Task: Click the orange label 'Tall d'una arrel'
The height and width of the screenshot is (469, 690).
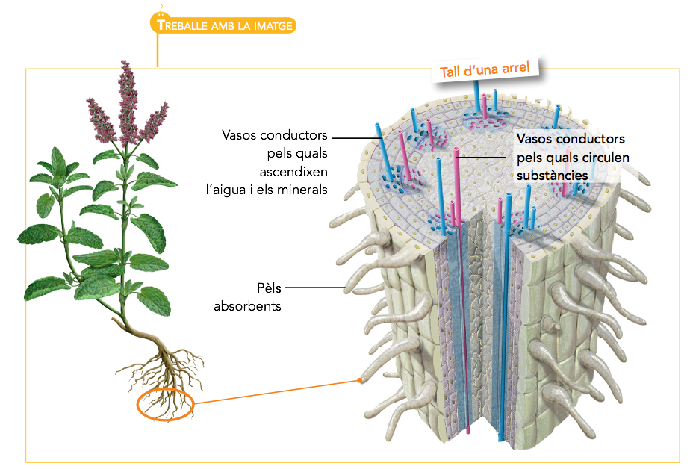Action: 485,69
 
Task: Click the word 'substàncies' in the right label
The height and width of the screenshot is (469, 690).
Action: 552,175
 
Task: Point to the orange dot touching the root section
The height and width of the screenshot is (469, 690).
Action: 361,381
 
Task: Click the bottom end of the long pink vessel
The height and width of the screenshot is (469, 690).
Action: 468,431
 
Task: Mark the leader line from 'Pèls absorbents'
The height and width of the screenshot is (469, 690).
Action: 314,288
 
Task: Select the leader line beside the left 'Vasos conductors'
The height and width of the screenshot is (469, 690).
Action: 351,137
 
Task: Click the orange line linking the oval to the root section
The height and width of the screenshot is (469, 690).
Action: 276,393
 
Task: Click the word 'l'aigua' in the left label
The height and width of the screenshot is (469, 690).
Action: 229,189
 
